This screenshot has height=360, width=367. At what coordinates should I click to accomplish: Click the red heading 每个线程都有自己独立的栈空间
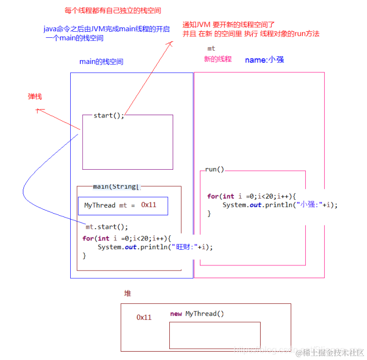coord(109,11)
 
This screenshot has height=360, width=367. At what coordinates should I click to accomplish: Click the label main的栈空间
coord(101,62)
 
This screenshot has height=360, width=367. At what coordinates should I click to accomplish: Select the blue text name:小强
coord(265,59)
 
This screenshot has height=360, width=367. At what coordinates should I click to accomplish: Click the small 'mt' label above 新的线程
coord(211,49)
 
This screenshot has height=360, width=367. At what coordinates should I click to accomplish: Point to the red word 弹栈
coord(35,96)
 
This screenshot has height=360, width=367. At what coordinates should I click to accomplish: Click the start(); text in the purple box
coord(109,115)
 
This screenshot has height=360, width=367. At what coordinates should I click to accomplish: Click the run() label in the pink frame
coord(214,169)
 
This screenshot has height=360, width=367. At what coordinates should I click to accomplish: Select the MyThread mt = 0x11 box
coord(123,205)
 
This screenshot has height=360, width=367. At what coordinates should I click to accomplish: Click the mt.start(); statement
coord(107,227)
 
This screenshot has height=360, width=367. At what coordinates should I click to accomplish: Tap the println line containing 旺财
coord(155,247)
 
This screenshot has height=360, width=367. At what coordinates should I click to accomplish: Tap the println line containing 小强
coord(280,205)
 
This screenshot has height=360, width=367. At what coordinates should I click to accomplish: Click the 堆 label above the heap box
coord(128,293)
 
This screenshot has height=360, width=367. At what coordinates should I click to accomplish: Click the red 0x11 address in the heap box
coord(144,317)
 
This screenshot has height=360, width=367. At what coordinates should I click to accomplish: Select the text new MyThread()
coord(197,314)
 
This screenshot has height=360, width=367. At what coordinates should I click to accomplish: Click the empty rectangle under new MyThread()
coord(214,335)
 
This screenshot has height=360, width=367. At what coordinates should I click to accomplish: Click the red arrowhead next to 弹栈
coord(38,110)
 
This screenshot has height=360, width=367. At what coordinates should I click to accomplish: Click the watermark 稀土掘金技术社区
coord(332,353)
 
